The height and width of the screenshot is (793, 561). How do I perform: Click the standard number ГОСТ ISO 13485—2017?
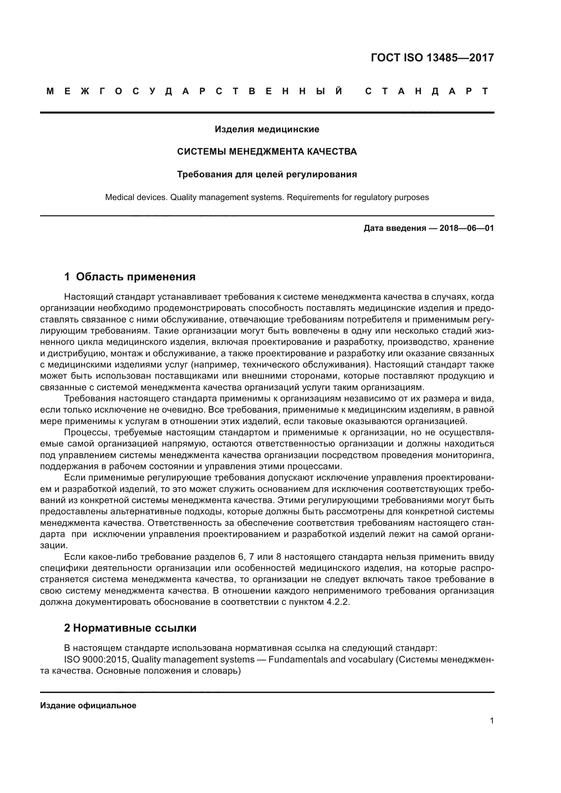tap(432, 58)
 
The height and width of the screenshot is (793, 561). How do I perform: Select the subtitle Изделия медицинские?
tap(267, 130)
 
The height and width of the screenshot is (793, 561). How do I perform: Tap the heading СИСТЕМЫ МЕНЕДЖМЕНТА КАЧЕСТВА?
tap(267, 152)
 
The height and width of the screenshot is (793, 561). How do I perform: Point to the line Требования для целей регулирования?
tap(267, 174)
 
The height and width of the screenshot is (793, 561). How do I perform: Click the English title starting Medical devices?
tap(267, 197)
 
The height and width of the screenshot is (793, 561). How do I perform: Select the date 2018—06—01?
tap(467, 228)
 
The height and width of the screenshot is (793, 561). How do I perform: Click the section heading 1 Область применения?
tap(130, 277)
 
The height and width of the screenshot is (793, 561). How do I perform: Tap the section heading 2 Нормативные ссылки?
tap(130, 628)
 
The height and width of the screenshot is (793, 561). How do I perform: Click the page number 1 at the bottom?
tap(492, 721)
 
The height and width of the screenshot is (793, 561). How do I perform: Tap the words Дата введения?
tap(394, 228)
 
